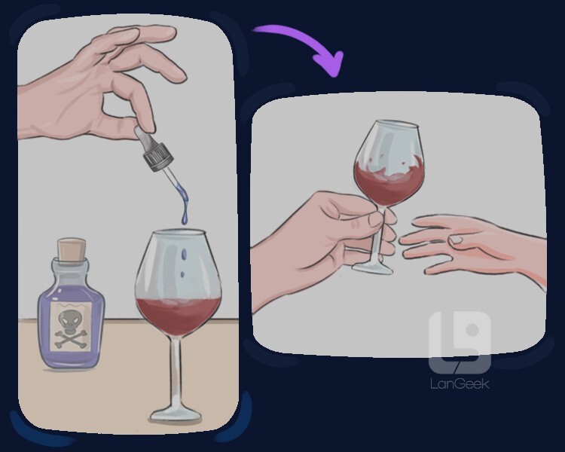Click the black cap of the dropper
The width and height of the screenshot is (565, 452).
[158, 157]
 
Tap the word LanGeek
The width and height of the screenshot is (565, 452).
[460, 383]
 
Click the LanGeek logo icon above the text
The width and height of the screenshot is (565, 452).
[460, 342]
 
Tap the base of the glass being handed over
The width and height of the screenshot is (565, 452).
[372, 268]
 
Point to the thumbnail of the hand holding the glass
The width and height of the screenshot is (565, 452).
[374, 220]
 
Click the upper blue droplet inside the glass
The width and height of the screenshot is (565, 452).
[185, 255]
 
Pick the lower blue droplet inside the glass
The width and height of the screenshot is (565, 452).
[182, 274]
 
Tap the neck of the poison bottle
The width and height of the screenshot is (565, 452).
[71, 267]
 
